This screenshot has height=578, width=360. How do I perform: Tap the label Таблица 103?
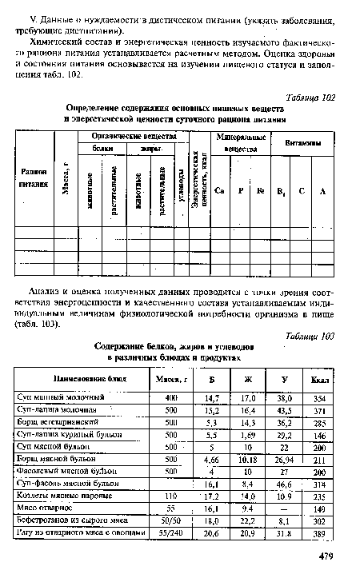(309, 337)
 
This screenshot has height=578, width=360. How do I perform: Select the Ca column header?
(219, 190)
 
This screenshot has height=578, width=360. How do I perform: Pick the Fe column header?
(260, 190)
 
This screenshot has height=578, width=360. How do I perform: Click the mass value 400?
(170, 397)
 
